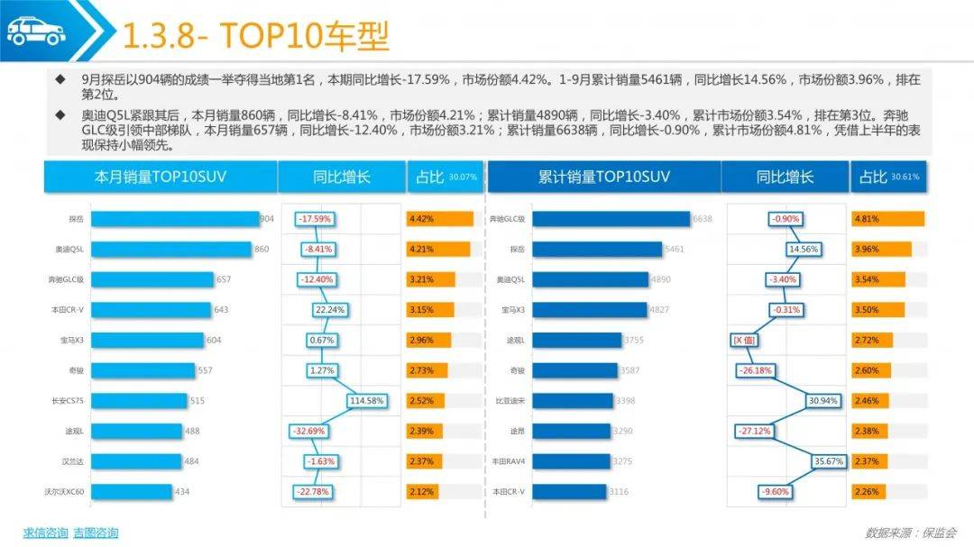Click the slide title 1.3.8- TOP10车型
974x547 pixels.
tap(255, 37)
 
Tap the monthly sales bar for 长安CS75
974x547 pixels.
tap(139, 401)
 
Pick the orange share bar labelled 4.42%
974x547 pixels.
tap(439, 219)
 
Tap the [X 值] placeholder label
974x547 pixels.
tap(748, 340)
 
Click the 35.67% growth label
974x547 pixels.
tap(830, 461)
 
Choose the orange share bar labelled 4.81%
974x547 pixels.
tap(887, 219)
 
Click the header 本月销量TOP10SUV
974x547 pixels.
tap(161, 177)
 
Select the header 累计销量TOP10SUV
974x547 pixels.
tap(604, 177)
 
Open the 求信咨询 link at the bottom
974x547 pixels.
tap(45, 533)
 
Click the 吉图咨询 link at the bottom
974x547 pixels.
tap(96, 533)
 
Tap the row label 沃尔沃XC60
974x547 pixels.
tap(63, 492)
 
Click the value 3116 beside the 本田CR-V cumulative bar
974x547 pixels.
tap(619, 492)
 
